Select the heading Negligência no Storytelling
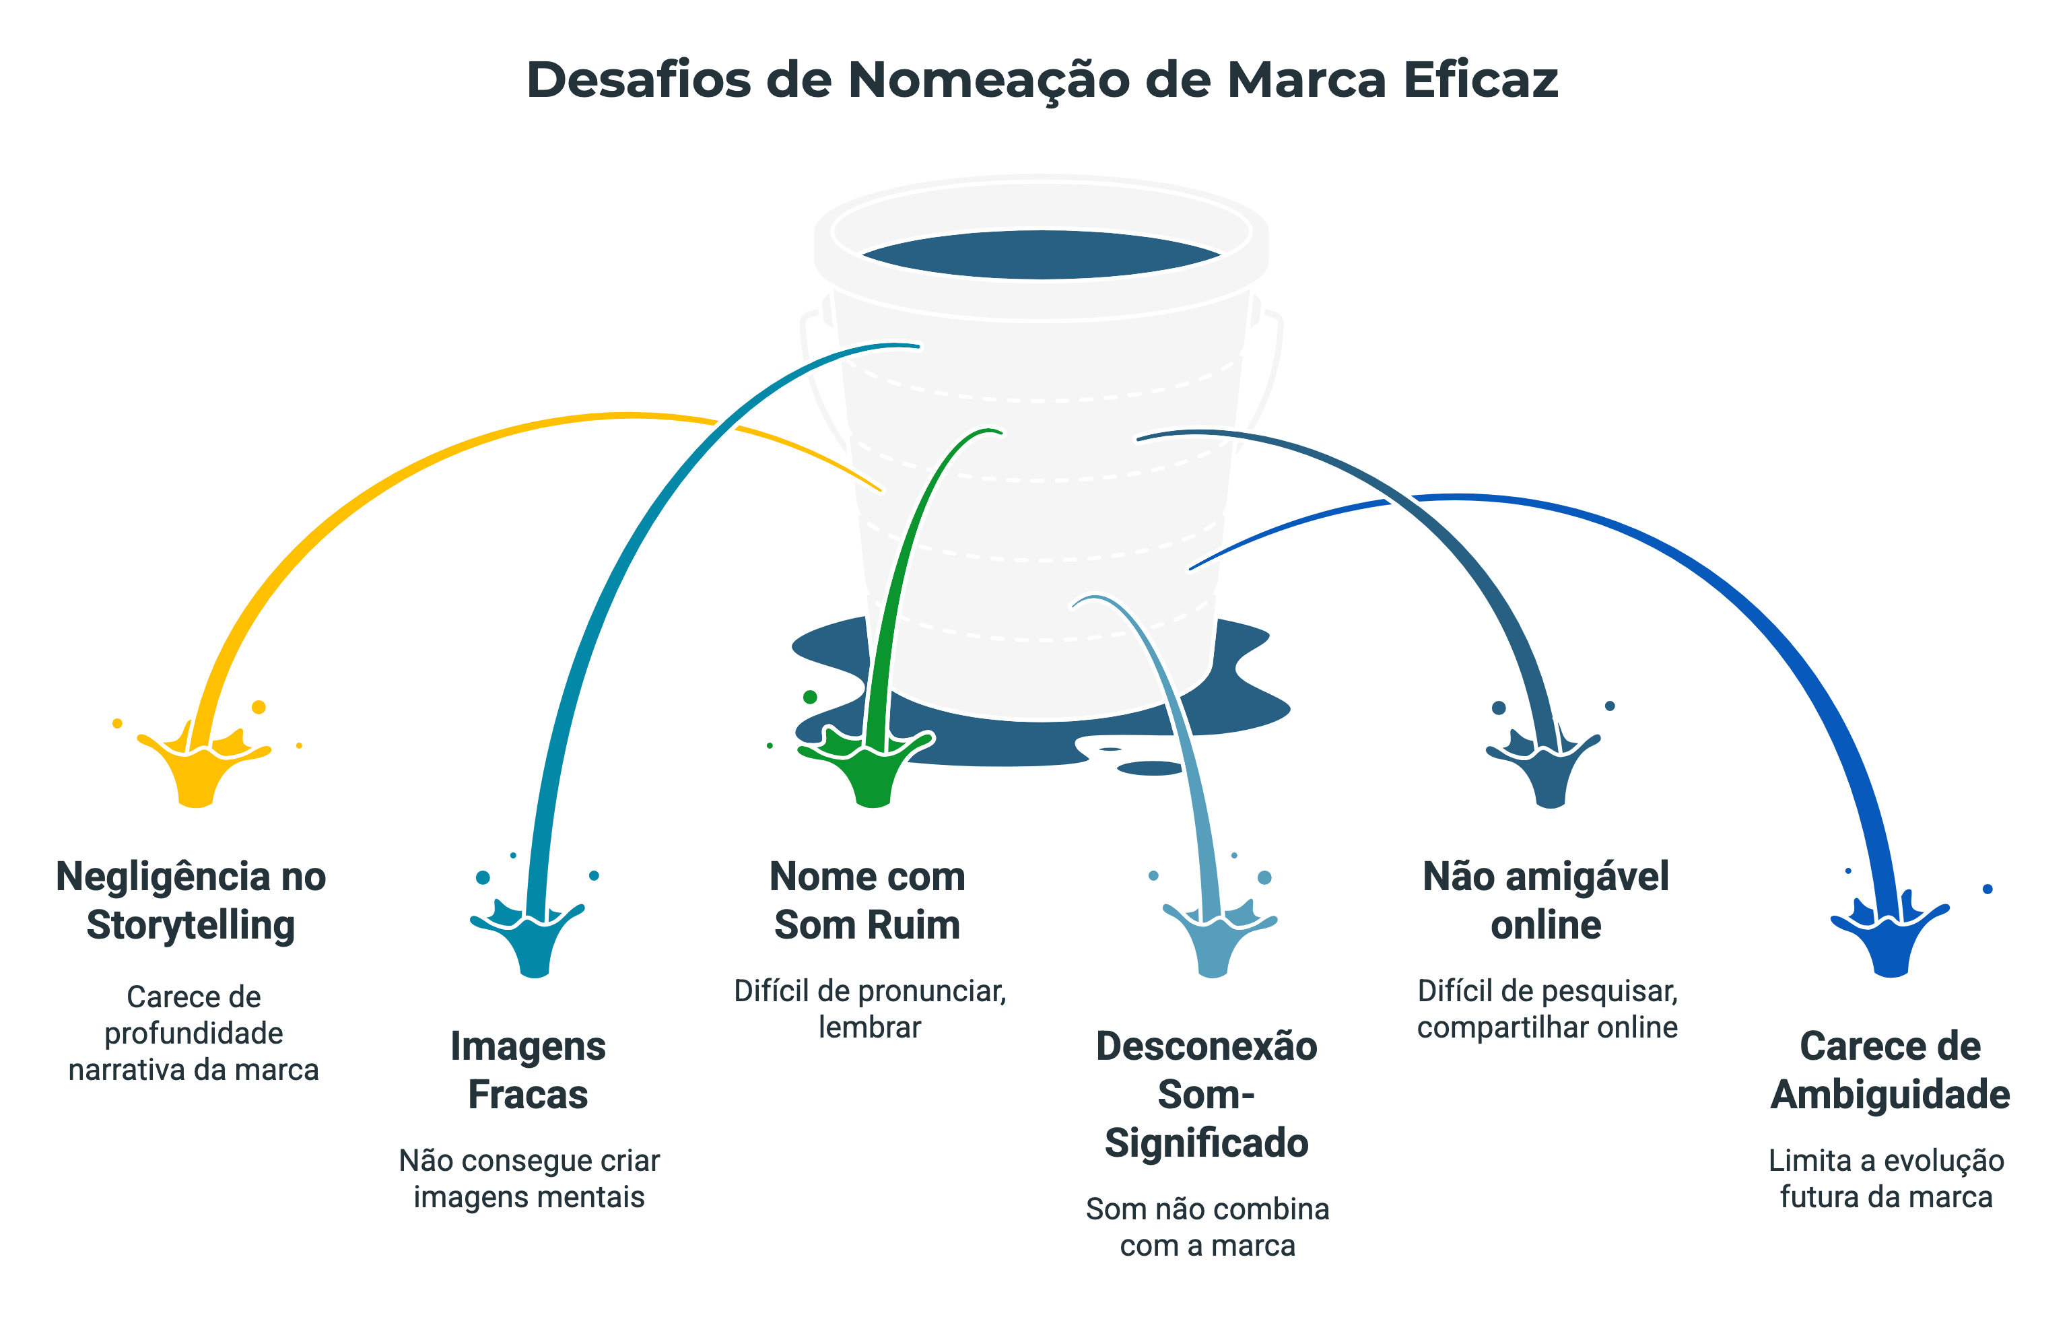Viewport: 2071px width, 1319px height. click(x=191, y=900)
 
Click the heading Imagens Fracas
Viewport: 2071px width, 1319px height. click(x=528, y=1070)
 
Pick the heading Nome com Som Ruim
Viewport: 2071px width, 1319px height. click(x=867, y=900)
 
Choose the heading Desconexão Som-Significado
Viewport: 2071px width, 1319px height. click(x=1207, y=1093)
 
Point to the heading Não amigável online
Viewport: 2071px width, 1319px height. click(x=1546, y=900)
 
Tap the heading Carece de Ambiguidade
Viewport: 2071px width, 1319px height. click(x=1889, y=1070)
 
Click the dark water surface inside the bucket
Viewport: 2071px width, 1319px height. click(x=1041, y=255)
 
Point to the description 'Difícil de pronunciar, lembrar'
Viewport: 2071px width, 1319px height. click(x=869, y=1009)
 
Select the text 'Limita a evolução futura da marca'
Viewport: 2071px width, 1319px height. click(x=1886, y=1178)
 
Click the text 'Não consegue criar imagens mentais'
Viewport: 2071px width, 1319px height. click(x=529, y=1178)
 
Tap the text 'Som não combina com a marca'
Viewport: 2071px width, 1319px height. click(x=1207, y=1227)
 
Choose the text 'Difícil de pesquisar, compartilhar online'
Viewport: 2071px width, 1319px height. click(x=1547, y=1009)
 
